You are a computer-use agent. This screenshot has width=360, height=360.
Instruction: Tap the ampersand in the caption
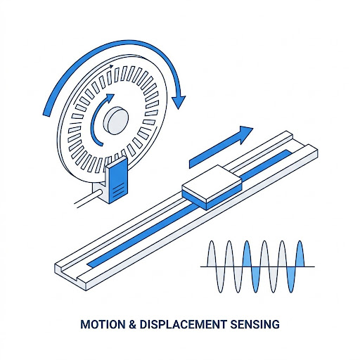(132, 324)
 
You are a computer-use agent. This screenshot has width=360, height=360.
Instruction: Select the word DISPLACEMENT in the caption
(183, 324)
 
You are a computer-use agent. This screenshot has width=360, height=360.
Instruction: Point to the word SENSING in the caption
(255, 324)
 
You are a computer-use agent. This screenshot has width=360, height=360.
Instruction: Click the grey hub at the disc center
(116, 120)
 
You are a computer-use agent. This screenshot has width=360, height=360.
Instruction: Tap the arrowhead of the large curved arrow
(179, 101)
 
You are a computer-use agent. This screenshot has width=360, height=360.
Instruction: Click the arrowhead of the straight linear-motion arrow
(245, 134)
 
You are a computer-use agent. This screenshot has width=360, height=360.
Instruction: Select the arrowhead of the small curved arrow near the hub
(110, 98)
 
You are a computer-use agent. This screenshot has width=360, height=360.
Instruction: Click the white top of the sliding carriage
(212, 184)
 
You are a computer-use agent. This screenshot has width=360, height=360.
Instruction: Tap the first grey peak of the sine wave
(212, 254)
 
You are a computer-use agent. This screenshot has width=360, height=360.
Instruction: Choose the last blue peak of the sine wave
(300, 254)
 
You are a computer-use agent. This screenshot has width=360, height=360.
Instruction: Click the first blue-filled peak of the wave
(247, 254)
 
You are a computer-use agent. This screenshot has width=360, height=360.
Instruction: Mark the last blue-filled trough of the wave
(291, 279)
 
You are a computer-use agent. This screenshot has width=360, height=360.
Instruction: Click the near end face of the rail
(70, 276)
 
